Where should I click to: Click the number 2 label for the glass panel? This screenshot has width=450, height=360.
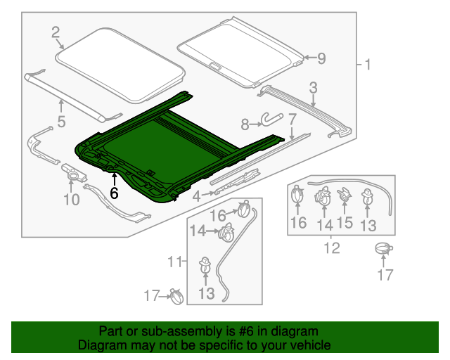click(55, 31)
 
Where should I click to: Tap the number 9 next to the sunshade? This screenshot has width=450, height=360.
click(321, 59)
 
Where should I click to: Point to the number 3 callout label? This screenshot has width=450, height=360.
click(313, 87)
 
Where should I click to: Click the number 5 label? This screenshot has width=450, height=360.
click(61, 122)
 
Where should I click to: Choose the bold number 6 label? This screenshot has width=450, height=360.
click(114, 191)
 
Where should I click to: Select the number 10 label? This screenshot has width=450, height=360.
click(72, 200)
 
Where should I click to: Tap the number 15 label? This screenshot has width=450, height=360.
click(345, 224)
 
